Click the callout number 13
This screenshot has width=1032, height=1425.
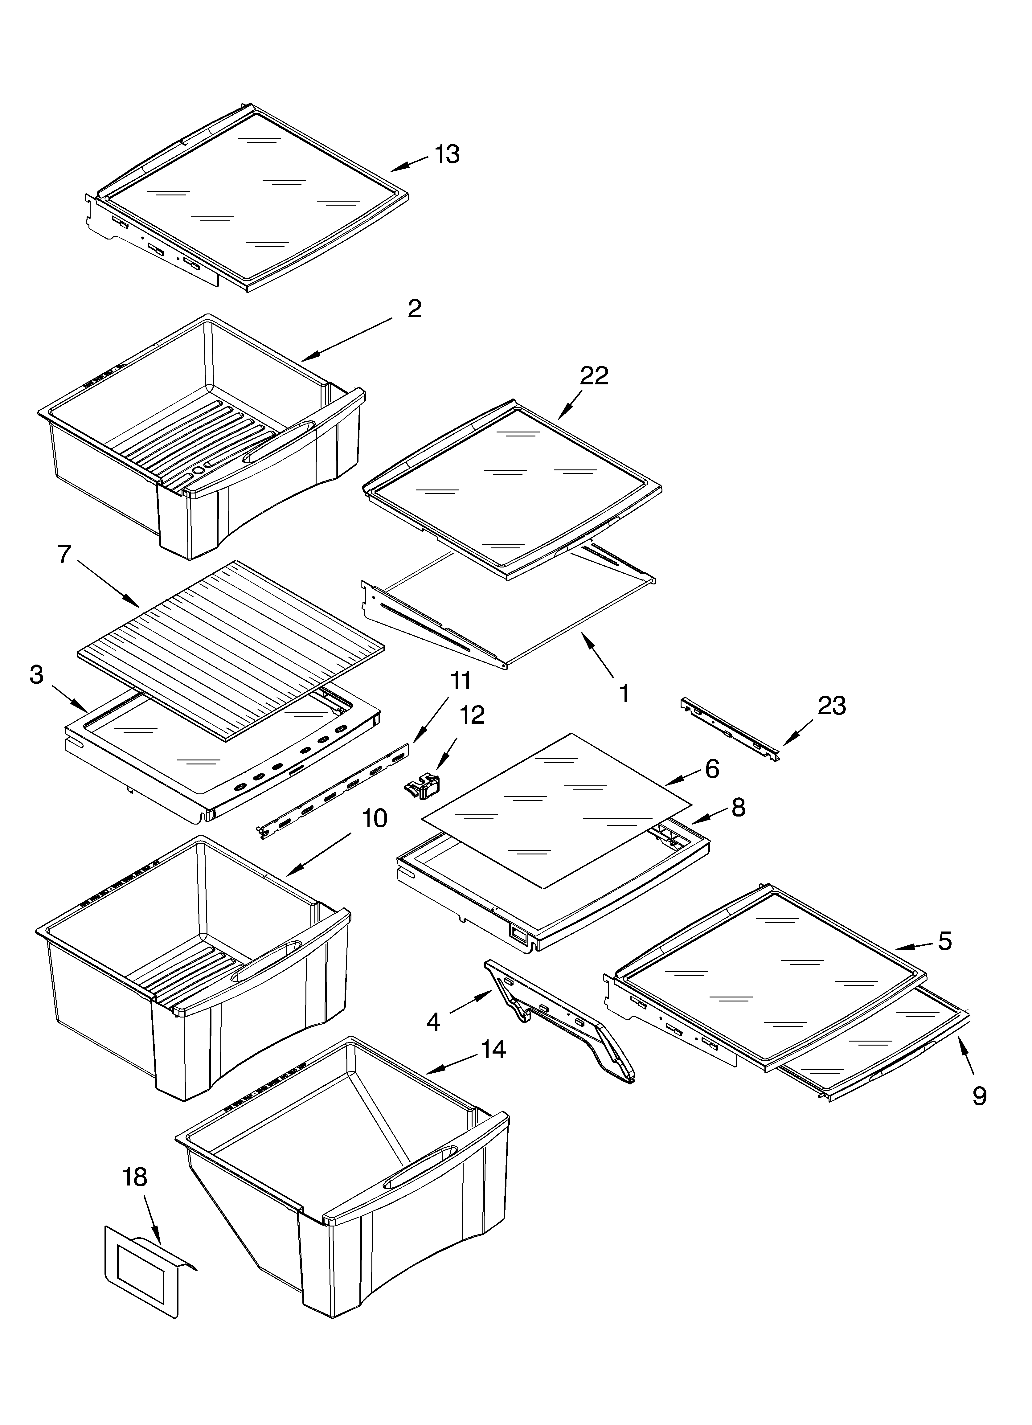pyautogui.click(x=447, y=154)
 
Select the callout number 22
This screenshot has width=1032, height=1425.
pyautogui.click(x=594, y=376)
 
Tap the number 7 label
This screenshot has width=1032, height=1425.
pyautogui.click(x=64, y=554)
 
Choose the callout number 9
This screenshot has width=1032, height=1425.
pyautogui.click(x=979, y=1096)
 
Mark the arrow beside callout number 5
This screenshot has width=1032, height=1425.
pyautogui.click(x=915, y=963)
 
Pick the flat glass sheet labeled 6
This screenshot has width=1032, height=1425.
pyautogui.click(x=556, y=810)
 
